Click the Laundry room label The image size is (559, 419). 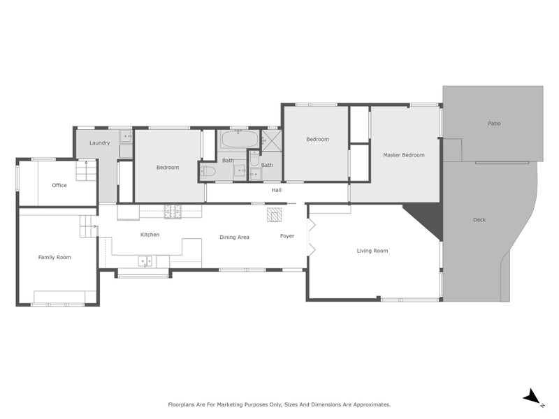point(99,143)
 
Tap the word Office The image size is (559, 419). point(59,185)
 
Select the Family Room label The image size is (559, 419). point(55,258)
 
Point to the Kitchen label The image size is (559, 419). point(150,235)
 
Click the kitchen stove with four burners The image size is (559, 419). point(173,209)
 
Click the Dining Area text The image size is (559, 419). point(234,237)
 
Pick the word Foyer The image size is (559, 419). point(287,236)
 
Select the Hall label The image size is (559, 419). point(277,190)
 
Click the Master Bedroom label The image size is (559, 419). point(403,155)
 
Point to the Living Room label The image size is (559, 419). point(372,251)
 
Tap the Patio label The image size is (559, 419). point(494,124)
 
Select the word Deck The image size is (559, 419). point(479,220)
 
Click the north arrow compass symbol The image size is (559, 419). point(533,397)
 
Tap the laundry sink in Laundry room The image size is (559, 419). point(125,136)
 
